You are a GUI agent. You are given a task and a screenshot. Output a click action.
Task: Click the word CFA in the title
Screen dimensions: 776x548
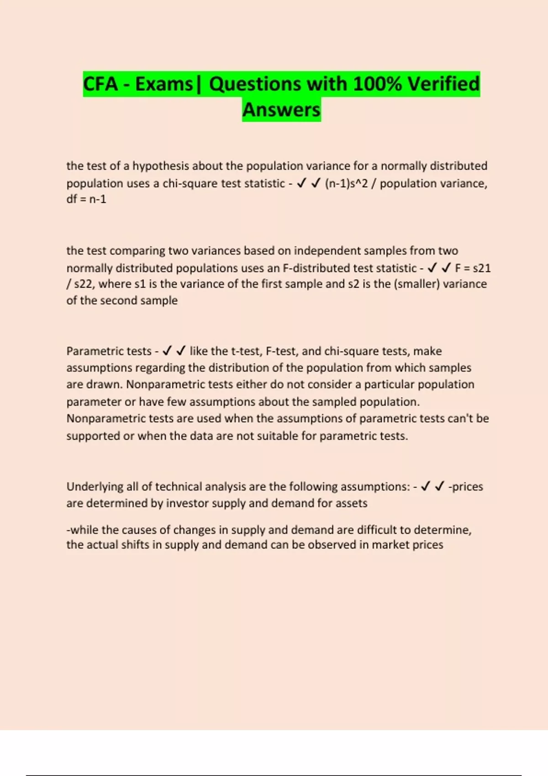point(100,84)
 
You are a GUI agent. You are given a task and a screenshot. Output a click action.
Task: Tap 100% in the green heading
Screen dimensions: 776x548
point(377,84)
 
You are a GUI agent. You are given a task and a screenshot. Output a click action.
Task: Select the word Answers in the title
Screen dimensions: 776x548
point(281,110)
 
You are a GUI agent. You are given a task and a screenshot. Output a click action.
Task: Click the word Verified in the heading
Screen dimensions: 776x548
point(443,84)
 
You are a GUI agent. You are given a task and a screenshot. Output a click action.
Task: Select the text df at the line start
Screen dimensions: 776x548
point(71,199)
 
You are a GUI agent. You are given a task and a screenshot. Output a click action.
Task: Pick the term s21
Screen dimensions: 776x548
point(481,268)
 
